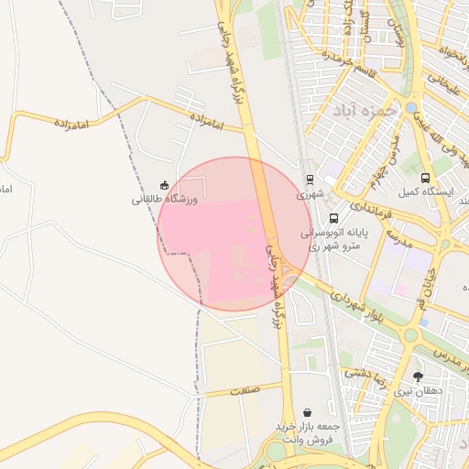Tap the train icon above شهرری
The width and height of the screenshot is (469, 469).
click(310, 180)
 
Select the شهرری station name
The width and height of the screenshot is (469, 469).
click(310, 195)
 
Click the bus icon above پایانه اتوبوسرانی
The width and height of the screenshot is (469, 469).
click(333, 219)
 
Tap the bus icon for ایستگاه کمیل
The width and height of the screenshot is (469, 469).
click(424, 179)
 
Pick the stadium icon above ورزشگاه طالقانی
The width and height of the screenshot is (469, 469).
click(164, 185)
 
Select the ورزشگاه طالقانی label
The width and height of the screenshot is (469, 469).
click(164, 199)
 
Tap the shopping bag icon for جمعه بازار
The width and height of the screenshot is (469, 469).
click(306, 413)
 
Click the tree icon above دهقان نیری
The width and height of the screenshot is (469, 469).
click(419, 376)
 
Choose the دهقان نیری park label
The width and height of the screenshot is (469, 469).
click(418, 391)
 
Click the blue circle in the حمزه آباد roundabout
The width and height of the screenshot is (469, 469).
click(411, 108)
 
